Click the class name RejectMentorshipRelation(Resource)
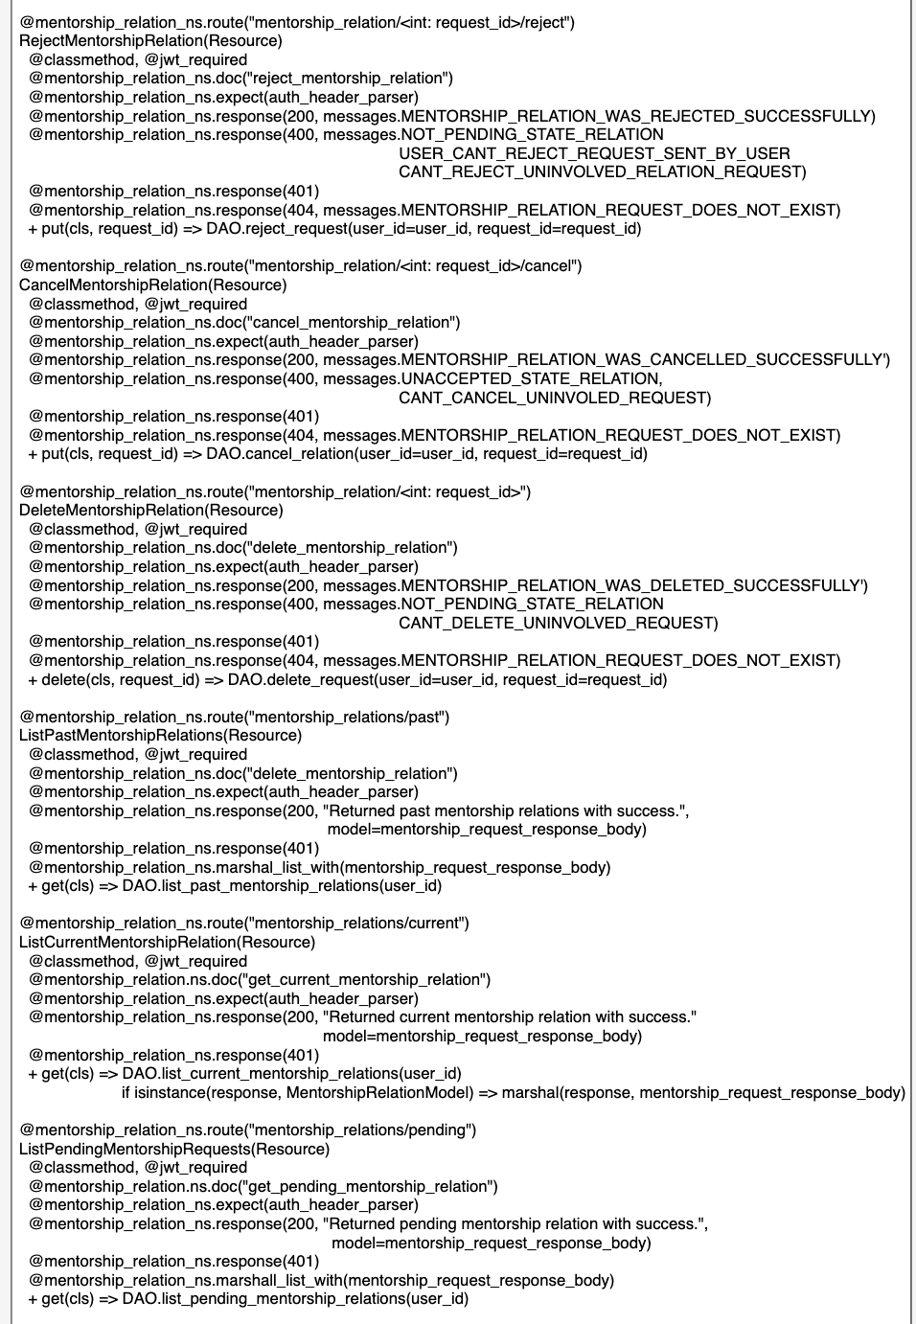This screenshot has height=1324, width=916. (x=150, y=41)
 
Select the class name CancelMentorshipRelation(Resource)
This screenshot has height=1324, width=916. (x=152, y=285)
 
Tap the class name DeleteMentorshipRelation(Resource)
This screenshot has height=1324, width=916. (x=150, y=510)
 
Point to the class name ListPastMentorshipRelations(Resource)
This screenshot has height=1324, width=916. (x=160, y=735)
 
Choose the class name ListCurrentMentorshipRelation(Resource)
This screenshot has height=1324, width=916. (x=167, y=942)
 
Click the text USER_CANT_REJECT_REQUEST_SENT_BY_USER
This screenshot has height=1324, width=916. (x=594, y=153)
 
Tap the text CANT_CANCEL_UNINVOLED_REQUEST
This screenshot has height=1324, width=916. (x=553, y=398)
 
